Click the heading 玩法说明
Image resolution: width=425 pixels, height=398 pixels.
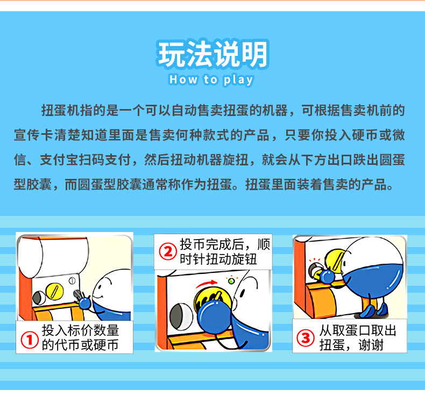[x=212, y=54]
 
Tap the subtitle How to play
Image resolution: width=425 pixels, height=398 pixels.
[x=211, y=80]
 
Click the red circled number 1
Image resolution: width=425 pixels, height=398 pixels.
[x=30, y=340]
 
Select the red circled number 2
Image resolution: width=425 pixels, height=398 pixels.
[x=168, y=251]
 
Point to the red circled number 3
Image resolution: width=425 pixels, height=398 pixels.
[x=306, y=338]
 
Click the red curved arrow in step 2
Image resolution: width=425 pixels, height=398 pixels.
[x=207, y=284]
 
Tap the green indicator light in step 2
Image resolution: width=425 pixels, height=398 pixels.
[x=231, y=281]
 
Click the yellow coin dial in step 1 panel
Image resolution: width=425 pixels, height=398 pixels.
[x=54, y=292]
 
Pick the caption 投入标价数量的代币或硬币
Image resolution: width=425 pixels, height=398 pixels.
[x=80, y=337]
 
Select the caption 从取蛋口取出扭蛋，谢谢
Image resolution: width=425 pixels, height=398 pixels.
[x=358, y=337]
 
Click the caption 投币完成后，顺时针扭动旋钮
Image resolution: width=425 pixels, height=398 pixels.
[x=225, y=251]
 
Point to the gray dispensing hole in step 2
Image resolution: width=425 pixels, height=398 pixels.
[x=181, y=316]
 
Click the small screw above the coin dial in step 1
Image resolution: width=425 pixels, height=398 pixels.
[x=72, y=280]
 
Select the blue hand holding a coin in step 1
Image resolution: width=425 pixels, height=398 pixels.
[x=85, y=303]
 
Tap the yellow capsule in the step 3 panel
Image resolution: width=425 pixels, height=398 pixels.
[x=336, y=262]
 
